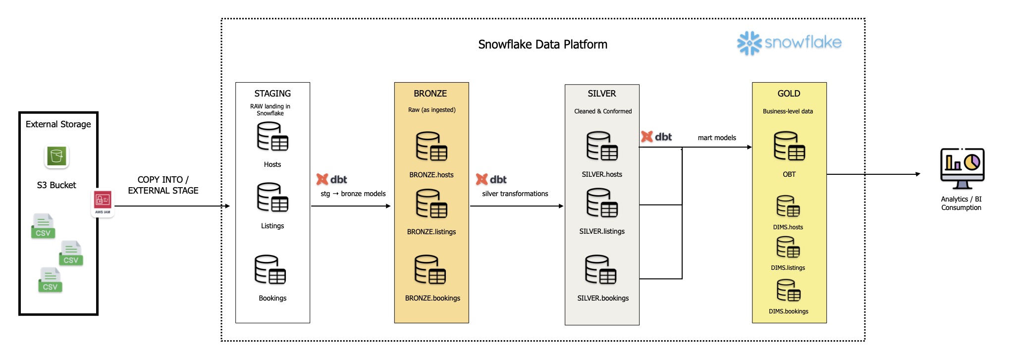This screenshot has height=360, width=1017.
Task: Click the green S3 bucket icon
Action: point(56,157)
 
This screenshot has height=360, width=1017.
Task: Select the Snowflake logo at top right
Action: point(789,43)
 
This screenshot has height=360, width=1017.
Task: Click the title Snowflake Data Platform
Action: point(542,45)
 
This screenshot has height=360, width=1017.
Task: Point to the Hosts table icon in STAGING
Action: point(272,137)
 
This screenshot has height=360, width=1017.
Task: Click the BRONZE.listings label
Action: point(431,232)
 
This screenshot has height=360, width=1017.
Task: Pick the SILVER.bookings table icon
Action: point(601,269)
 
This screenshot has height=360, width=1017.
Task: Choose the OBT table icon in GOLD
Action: point(789,146)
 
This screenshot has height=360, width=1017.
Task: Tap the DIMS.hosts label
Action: point(788,227)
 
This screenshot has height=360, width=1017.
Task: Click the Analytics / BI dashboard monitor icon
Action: point(962,168)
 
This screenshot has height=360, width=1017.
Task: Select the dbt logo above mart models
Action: point(656,137)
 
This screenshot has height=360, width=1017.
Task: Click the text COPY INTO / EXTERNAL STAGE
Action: point(163,185)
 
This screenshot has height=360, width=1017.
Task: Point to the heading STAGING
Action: point(272,94)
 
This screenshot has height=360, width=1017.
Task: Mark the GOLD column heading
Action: point(789,94)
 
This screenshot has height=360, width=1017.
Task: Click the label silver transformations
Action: point(515,194)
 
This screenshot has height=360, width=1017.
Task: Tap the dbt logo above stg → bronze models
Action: point(332,179)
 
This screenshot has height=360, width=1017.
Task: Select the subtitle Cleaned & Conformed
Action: point(603,111)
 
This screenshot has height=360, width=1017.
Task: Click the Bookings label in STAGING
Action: point(272,298)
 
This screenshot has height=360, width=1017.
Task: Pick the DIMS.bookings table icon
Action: point(788,291)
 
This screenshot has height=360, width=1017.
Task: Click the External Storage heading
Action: point(58,124)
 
